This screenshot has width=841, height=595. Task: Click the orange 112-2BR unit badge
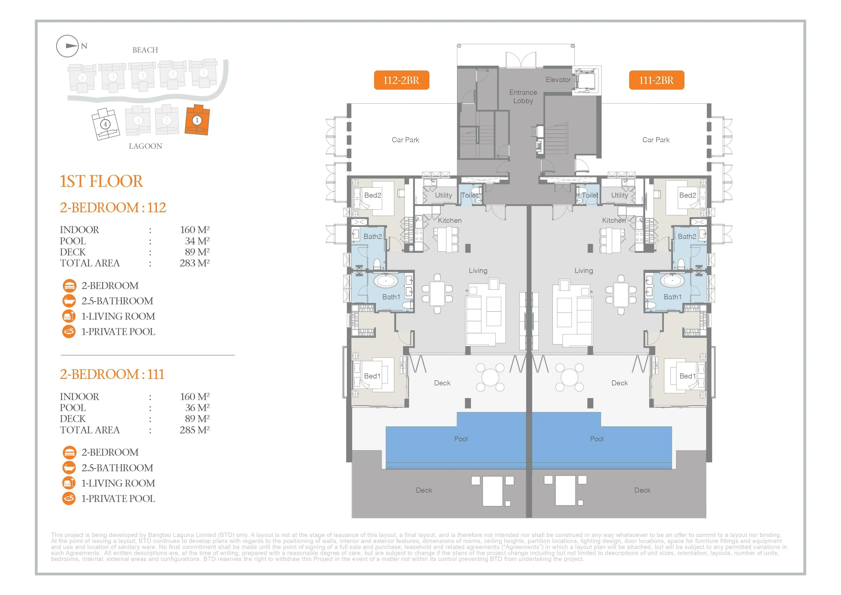(x=402, y=80)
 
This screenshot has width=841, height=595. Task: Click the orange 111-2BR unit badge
(x=656, y=80)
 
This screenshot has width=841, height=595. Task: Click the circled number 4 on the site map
(x=105, y=124)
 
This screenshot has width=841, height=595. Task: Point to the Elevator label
(x=558, y=80)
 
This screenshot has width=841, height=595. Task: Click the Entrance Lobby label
(x=523, y=96)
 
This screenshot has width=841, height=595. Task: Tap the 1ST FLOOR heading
(x=101, y=181)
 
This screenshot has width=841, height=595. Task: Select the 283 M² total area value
(x=194, y=263)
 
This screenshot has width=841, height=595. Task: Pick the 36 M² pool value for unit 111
(x=197, y=407)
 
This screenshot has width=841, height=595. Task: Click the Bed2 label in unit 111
(x=688, y=195)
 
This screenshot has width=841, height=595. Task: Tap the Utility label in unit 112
(x=443, y=195)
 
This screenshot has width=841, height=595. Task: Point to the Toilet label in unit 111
(x=590, y=195)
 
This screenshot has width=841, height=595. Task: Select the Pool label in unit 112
(x=461, y=439)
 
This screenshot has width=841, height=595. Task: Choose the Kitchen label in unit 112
(x=450, y=220)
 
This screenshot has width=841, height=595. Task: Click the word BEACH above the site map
(x=145, y=50)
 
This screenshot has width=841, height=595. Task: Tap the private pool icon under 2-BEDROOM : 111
(x=69, y=498)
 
